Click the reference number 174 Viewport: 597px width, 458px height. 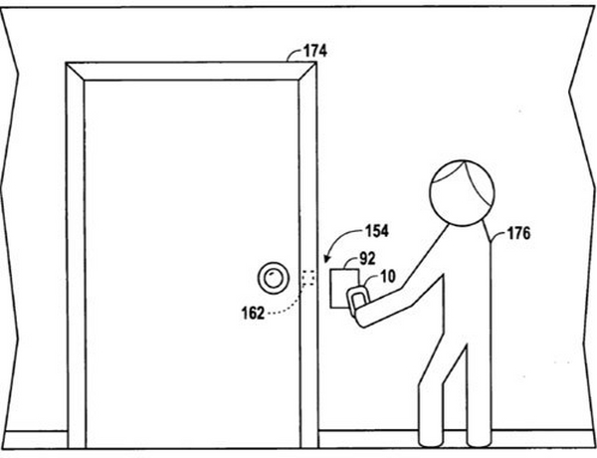tap(314, 51)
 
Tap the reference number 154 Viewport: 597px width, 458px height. tap(377, 231)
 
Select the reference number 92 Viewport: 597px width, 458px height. tap(367, 259)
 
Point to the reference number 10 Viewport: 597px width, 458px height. tap(388, 277)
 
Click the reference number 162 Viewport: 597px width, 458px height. tap(253, 314)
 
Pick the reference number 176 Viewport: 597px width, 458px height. tap(518, 233)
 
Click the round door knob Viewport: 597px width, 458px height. tap(273, 278)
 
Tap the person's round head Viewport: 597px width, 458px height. tap(463, 193)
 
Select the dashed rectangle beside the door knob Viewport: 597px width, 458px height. tap(308, 278)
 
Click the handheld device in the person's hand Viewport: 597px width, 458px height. tap(357, 300)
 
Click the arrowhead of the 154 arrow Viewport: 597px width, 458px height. tap(325, 260)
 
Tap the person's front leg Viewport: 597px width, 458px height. tap(431, 396)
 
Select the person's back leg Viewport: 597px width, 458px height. tap(479, 396)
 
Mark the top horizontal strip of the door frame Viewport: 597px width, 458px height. tap(191, 72)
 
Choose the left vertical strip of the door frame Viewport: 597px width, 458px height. tap(76, 255)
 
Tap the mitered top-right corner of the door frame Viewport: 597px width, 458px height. tap(307, 72)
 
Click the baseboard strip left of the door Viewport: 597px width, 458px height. tap(34, 439)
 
